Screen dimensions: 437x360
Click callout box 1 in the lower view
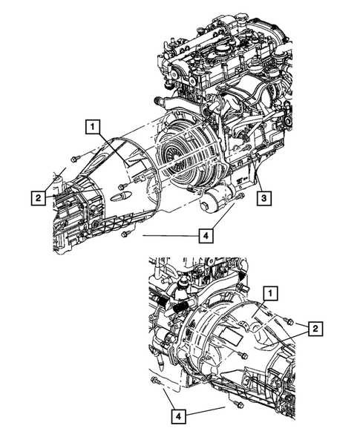point(272,293)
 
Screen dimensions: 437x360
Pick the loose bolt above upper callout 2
point(75,158)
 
